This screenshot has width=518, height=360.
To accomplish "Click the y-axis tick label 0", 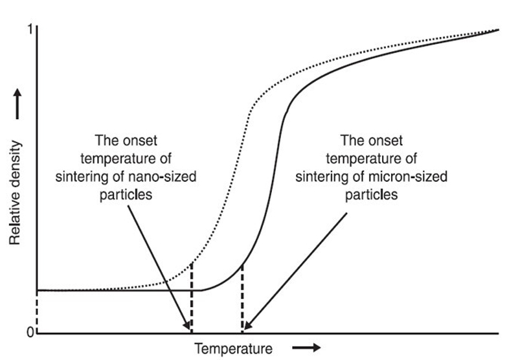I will pos(30,333).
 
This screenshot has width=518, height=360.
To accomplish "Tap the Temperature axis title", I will pos(233,348).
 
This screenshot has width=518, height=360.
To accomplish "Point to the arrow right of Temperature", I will pos(309,348).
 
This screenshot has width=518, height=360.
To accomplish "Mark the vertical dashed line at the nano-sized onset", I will pos(192,298).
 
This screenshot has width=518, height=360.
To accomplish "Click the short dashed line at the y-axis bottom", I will pos(37,311).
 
